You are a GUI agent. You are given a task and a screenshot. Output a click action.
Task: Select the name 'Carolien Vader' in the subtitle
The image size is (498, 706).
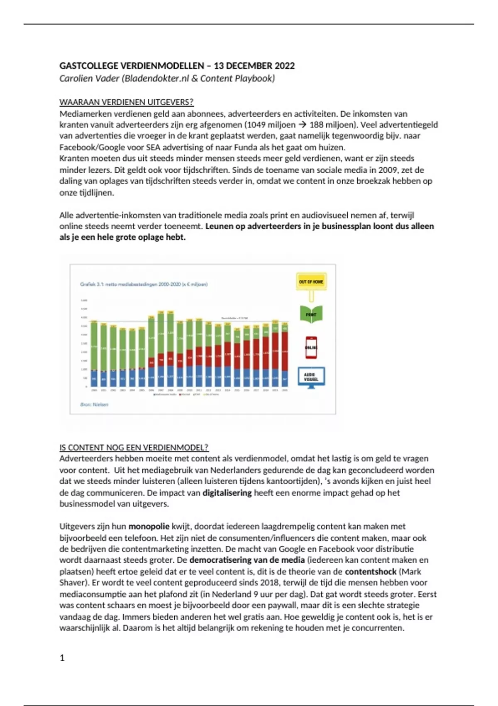coord(89,78)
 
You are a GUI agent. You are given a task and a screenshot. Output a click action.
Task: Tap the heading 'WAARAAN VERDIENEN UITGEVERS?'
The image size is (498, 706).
coord(127,102)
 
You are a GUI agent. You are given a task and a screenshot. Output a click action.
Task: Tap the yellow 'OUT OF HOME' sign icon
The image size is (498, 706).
coord(311,282)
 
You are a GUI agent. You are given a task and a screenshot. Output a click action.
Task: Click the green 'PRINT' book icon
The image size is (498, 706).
coord(311,314)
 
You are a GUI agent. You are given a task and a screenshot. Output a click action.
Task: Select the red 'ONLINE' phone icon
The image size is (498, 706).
coord(311,347)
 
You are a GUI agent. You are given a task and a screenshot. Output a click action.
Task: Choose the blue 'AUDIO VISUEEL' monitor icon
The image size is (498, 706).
coord(311,377)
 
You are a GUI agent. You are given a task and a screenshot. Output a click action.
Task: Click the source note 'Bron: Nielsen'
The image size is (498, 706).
coord(94,404)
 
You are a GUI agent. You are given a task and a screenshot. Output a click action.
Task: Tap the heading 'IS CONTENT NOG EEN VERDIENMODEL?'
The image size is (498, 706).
coord(134,448)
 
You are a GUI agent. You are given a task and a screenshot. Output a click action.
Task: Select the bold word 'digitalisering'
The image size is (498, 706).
coord(227,493)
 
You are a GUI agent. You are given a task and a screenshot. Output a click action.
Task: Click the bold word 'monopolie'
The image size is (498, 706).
coord(149,527)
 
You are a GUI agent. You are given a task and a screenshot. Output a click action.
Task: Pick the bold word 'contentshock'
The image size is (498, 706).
coord(371,571)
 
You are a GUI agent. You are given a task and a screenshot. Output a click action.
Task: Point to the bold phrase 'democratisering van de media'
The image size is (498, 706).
coord(247,560)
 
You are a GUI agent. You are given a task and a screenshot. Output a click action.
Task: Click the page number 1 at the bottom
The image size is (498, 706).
coord(62,658)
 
